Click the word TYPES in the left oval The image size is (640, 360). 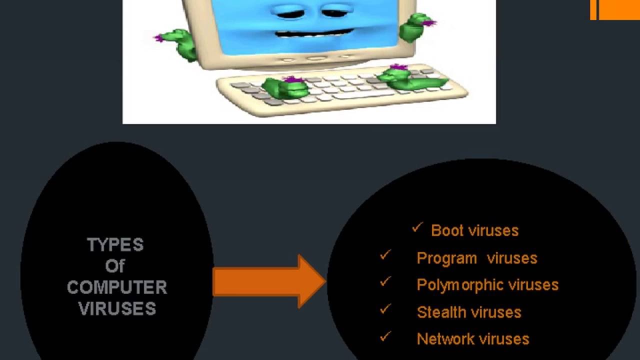click(115, 245)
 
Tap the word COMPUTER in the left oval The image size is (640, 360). click(117, 287)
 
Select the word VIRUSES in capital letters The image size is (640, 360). click(117, 308)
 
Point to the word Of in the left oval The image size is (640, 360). click(115, 266)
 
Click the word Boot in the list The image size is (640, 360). click(443, 230)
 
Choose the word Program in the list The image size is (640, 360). click(446, 258)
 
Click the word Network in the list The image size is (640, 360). click(445, 339)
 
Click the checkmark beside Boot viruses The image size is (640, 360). click(417, 228)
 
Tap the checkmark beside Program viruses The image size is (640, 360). click(385, 255)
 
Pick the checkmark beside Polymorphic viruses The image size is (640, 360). click(385, 282)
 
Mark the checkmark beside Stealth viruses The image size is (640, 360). click(385, 309)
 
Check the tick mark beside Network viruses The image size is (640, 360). click(385, 336)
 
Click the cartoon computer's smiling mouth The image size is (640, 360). click(315, 34)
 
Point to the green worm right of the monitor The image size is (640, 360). click(415, 27)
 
